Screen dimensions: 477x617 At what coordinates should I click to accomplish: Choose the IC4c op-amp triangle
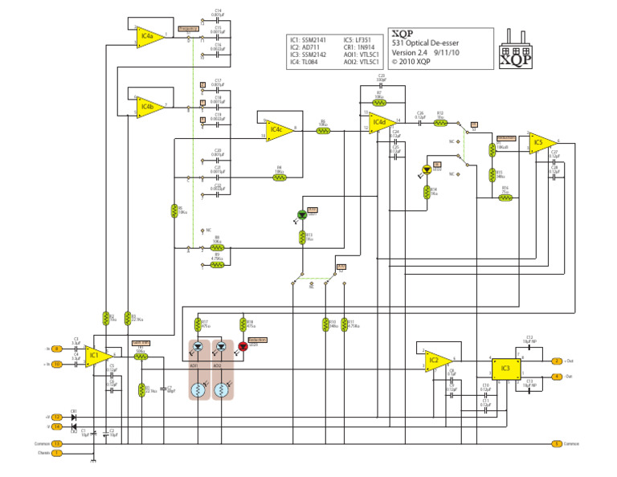(277, 128)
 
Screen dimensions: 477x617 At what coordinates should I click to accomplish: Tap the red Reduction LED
(242, 347)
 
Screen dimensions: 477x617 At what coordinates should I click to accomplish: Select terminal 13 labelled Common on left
(57, 443)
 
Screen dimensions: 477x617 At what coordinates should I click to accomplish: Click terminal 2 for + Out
(556, 361)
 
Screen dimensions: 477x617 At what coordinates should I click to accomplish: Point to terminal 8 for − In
(57, 349)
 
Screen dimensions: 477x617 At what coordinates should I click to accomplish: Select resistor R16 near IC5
(505, 197)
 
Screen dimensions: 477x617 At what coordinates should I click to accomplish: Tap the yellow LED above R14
(427, 170)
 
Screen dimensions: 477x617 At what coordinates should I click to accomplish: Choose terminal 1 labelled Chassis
(57, 453)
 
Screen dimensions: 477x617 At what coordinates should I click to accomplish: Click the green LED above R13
(302, 215)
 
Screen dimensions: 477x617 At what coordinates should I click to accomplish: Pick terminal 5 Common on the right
(556, 443)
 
